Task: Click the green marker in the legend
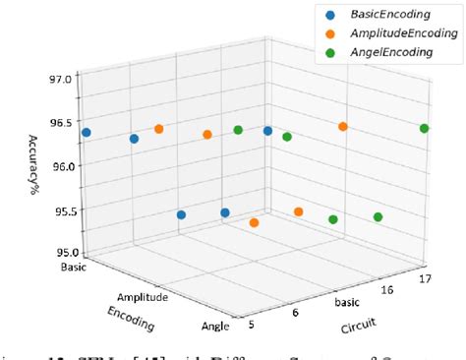(328, 53)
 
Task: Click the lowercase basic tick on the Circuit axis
(349, 302)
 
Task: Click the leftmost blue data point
(87, 132)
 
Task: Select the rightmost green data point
(424, 129)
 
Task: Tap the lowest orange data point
(254, 223)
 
